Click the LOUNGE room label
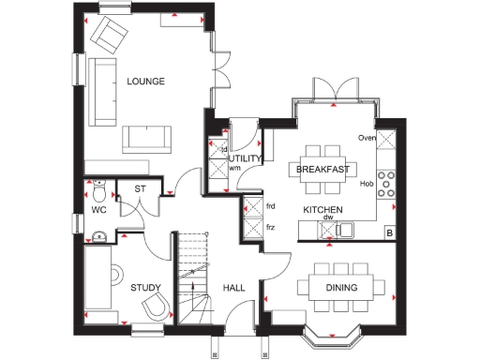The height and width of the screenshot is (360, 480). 145,82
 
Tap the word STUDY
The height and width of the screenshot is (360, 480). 145,288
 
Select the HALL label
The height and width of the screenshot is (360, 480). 232,288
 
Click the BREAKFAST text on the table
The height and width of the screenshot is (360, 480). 322,170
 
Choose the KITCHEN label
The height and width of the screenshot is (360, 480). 322,209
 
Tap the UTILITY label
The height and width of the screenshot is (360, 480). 245,159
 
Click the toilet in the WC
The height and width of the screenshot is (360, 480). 99,192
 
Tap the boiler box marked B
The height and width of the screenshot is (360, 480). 389,232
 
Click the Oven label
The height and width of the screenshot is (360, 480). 367,139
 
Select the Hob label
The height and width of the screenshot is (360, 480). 367,184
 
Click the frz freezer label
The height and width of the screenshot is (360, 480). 271,228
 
